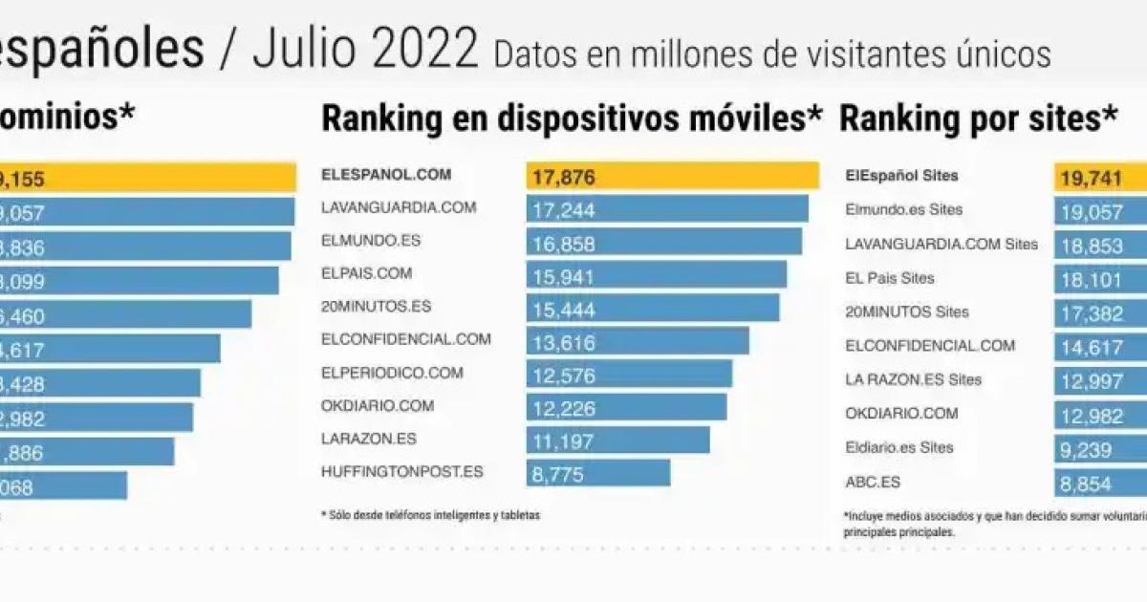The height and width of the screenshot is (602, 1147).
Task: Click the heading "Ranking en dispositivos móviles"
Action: pos(571,118)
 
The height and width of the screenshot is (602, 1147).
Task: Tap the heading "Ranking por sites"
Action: pos(978,118)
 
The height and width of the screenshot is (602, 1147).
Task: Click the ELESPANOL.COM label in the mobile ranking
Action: pos(385,175)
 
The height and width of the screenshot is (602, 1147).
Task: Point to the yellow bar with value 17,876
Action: pos(672,176)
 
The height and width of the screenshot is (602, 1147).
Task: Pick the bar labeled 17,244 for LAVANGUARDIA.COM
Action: pos(666,208)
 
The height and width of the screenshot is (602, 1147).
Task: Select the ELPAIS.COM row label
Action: pos(367,273)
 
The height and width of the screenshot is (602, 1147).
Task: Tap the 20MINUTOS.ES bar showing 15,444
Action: pos(652,308)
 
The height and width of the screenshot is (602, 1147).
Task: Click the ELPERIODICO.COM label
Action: pos(392,373)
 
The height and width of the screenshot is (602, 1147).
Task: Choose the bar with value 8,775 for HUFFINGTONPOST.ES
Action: pos(597,472)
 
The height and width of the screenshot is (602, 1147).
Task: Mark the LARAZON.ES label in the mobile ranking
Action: pos(368,439)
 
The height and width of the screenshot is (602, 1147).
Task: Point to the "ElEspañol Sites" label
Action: pos(901,176)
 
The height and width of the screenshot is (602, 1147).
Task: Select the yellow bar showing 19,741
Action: pos(1099,177)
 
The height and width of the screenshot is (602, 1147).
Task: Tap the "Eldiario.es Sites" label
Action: pos(898,447)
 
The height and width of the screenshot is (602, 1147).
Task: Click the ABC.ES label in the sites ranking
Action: pos(873,482)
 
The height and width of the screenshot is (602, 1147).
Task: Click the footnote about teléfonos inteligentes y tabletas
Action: pos(430,515)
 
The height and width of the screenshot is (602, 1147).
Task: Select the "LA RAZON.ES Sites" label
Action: pos(913,379)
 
